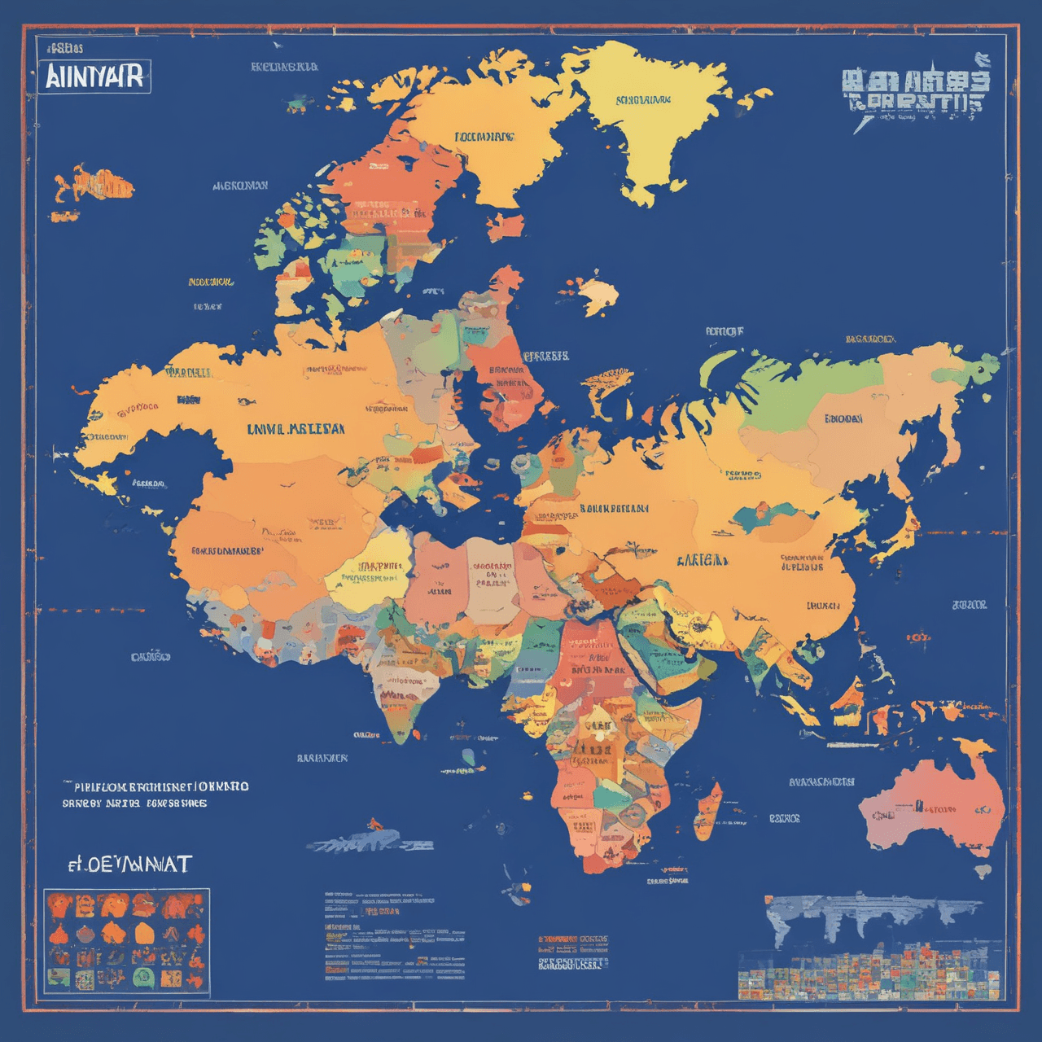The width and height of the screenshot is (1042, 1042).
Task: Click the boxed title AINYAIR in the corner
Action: pyautogui.click(x=94, y=77)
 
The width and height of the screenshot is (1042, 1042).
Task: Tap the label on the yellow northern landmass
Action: pyautogui.click(x=643, y=101)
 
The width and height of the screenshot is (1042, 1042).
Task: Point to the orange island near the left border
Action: pyautogui.click(x=94, y=184)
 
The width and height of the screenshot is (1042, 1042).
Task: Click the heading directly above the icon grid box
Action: pyautogui.click(x=130, y=864)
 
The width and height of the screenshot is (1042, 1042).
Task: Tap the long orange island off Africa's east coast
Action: pyautogui.click(x=707, y=812)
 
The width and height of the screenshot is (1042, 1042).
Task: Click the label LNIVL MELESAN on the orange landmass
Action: pyautogui.click(x=295, y=428)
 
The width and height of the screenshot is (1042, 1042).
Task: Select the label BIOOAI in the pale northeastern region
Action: pyautogui.click(x=843, y=419)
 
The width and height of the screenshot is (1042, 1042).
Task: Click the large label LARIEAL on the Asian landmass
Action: pyautogui.click(x=702, y=560)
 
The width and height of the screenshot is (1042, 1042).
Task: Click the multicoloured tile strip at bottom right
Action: pyautogui.click(x=868, y=974)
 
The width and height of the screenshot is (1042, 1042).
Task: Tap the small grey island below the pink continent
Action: pyautogui.click(x=983, y=871)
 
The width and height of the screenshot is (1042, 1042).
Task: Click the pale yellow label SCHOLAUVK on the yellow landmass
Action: pyautogui.click(x=643, y=101)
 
